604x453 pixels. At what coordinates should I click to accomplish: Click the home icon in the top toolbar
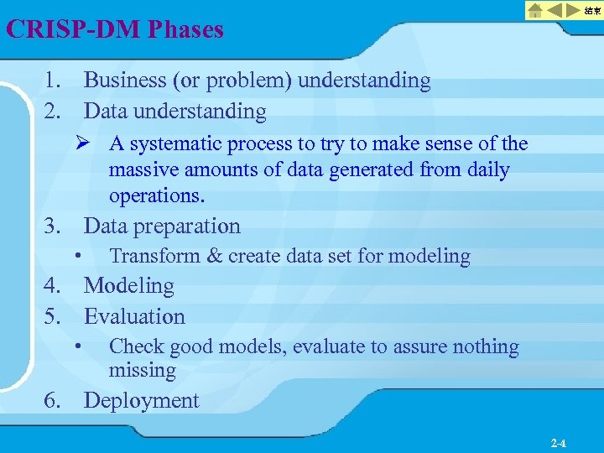tap(534, 11)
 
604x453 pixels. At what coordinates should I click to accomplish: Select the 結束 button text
tap(591, 11)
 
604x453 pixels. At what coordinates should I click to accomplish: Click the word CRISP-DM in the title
tap(73, 30)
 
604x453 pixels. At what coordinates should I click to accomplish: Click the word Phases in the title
tap(186, 30)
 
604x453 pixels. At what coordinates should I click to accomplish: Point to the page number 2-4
tap(559, 442)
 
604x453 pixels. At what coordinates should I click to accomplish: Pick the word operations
tap(157, 196)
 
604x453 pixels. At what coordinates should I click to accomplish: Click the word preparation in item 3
tap(189, 226)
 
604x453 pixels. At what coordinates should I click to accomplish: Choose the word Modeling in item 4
tap(129, 286)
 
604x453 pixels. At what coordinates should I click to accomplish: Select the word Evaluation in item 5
tap(134, 317)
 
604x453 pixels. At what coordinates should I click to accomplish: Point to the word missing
tap(142, 370)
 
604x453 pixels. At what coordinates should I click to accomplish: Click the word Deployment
tap(142, 401)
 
